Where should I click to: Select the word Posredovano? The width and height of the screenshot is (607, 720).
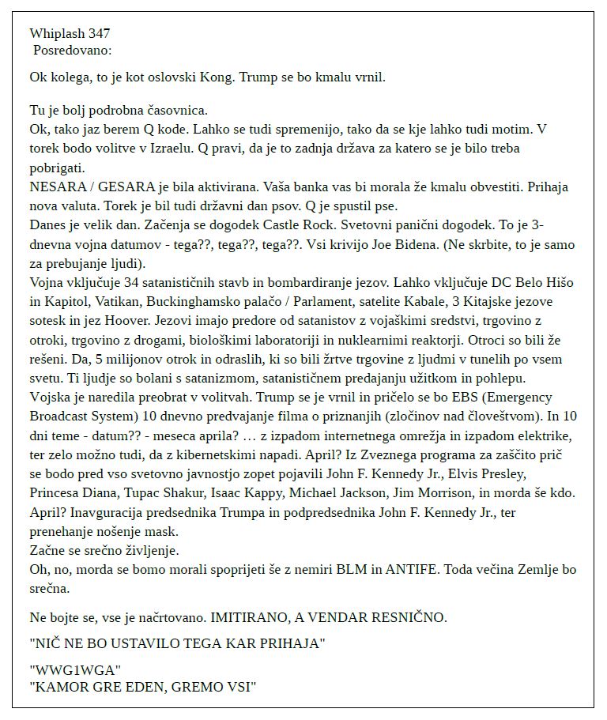[x=73, y=50]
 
